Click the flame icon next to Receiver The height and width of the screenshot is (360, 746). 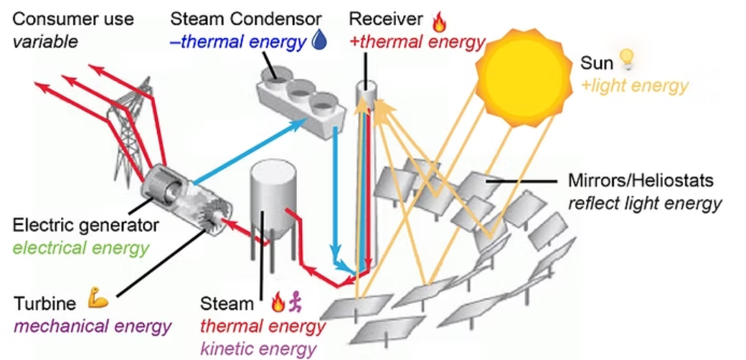pos(439,22)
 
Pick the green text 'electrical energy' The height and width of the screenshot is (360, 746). pos(80,249)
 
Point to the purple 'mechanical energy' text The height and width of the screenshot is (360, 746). pos(92,327)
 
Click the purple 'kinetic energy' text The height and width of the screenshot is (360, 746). pos(258,349)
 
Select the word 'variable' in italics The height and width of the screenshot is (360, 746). pos(44,42)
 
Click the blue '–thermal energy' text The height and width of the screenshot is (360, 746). pos(237,42)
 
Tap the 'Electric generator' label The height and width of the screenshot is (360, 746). pos(85,225)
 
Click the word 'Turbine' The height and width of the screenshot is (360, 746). pos(46,303)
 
